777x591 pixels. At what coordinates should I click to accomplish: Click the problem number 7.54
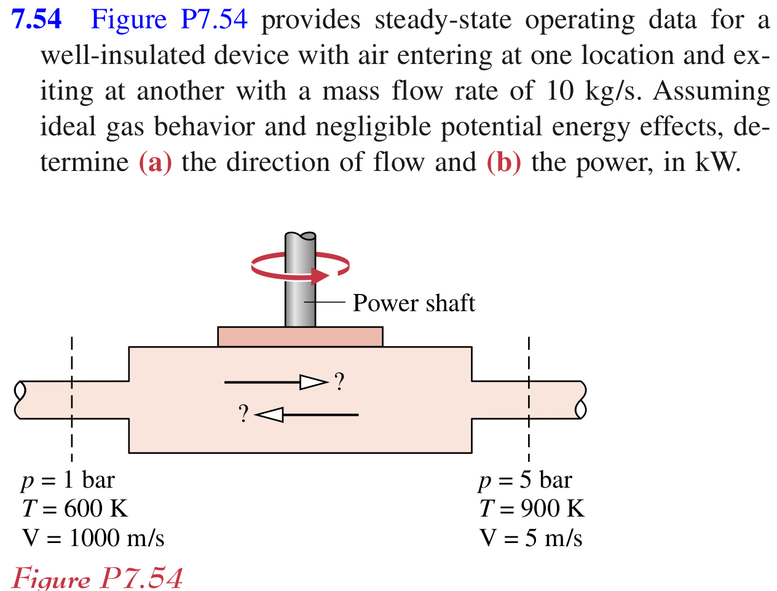click(37, 20)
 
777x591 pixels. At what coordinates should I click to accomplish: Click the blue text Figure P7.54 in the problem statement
click(169, 20)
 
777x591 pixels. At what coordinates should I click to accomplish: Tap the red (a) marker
click(155, 162)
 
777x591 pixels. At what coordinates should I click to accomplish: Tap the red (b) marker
click(503, 162)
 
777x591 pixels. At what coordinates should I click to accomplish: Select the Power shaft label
click(414, 303)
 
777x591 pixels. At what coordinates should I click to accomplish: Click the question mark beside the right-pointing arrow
click(339, 382)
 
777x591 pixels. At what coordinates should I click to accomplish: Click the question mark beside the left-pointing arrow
click(244, 414)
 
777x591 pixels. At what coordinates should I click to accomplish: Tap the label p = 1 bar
click(68, 480)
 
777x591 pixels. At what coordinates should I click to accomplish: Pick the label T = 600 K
click(74, 509)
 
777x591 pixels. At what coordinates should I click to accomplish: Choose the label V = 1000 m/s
click(93, 538)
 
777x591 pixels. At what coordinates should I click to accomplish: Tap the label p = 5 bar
click(525, 480)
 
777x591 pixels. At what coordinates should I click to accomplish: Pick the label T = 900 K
click(532, 509)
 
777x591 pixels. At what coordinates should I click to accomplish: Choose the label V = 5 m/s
click(531, 538)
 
